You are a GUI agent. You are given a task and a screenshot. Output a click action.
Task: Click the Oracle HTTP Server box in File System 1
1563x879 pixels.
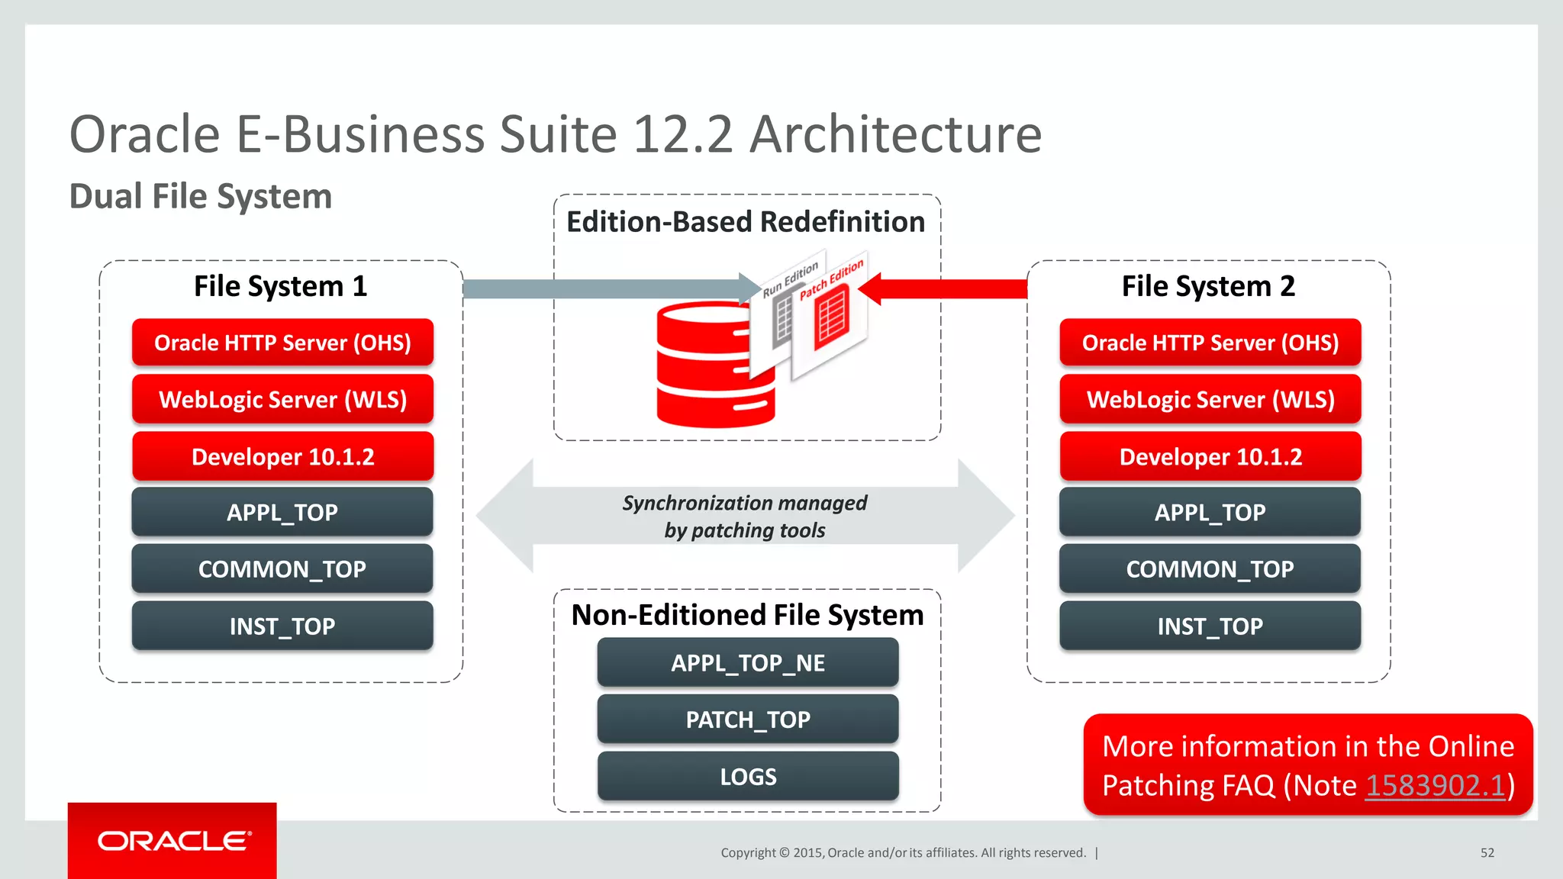pos(282,343)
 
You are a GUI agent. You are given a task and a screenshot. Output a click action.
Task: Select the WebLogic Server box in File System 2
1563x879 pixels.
pos(1210,399)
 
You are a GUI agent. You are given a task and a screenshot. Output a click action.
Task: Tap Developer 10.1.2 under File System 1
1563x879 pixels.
pos(282,456)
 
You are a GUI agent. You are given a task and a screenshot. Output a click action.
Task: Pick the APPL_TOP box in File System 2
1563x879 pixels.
pos(1210,512)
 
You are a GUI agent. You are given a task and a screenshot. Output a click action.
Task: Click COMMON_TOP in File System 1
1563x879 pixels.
pos(282,568)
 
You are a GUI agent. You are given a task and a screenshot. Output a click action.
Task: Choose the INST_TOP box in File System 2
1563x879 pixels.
pos(1210,626)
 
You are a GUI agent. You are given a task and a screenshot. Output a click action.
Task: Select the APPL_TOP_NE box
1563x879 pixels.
pos(748,662)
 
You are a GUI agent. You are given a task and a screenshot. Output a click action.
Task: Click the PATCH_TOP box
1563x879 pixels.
pos(748,719)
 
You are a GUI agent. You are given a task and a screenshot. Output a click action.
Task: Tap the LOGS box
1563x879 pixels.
pos(748,776)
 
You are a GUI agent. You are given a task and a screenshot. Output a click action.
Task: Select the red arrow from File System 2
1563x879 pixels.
pos(946,288)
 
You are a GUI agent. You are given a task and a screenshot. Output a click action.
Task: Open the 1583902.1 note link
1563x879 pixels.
pos(1435,785)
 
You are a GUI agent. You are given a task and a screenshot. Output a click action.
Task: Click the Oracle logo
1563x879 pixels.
pos(173,841)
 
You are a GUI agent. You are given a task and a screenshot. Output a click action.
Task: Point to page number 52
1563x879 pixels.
pos(1487,852)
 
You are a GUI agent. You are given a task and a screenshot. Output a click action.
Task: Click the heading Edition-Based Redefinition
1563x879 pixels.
pos(746,222)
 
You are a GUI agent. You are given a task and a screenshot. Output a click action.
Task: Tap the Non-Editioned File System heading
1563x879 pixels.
pos(747,615)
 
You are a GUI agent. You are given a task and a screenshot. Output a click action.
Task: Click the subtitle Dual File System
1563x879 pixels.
pos(201,196)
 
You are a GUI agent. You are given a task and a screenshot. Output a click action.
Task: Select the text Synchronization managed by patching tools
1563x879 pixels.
pos(745,517)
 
